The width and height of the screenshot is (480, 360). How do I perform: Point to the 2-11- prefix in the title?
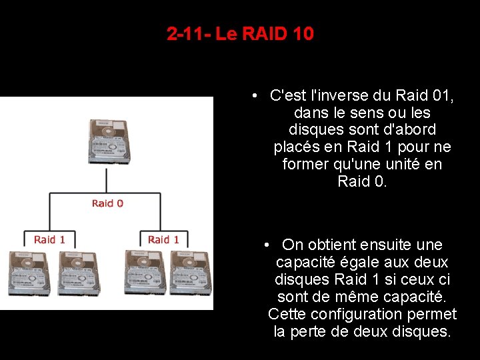[x=189, y=33]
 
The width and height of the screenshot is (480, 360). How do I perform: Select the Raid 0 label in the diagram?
[x=107, y=203]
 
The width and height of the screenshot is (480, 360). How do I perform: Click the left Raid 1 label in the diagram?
[x=50, y=239]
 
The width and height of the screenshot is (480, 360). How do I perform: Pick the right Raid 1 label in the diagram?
[x=163, y=239]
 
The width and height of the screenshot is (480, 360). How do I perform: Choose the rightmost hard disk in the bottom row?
[x=189, y=272]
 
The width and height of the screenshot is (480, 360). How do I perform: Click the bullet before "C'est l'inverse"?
[x=255, y=95]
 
